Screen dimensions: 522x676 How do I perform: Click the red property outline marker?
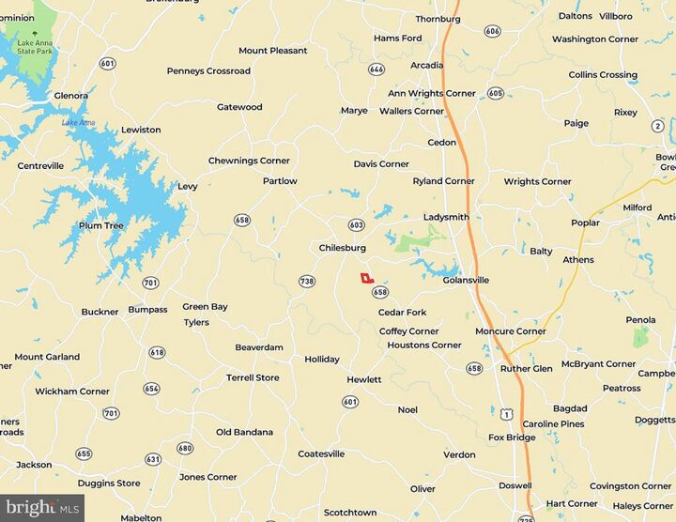coord(366,278)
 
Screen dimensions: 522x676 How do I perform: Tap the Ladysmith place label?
coord(446,217)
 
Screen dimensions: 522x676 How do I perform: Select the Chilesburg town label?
coord(342,248)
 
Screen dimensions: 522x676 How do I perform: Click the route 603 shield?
coord(356,225)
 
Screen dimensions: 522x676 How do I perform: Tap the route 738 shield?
coord(306,282)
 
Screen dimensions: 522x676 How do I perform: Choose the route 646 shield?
coord(376,69)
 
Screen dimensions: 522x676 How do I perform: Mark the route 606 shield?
coord(493,31)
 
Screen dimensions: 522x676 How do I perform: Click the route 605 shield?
coord(496,93)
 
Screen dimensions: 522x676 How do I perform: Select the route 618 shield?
coord(156,352)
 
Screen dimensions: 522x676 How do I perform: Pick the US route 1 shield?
coord(507,413)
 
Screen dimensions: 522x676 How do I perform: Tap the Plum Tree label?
coord(100,225)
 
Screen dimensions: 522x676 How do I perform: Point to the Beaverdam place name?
coord(259,347)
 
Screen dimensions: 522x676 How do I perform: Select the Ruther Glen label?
coord(526,369)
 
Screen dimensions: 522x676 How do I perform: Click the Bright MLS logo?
coord(42,509)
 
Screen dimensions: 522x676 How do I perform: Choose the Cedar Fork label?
coord(402,313)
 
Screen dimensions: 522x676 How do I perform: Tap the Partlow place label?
coord(280,181)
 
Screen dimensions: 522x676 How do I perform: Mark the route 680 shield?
coord(185,448)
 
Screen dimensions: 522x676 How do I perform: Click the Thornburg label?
coord(438,18)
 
